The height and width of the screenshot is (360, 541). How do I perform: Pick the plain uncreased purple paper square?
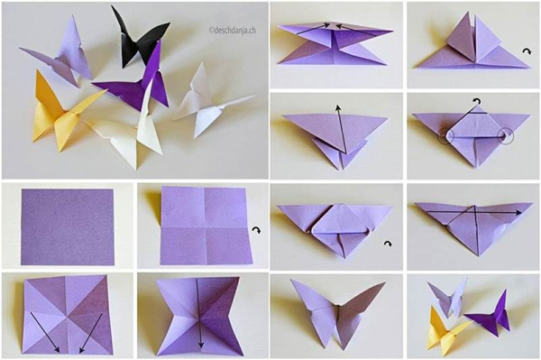tap(69, 226)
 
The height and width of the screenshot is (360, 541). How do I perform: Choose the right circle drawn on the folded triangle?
tap(505, 137)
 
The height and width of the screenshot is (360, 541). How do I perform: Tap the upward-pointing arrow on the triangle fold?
tap(340, 126)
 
